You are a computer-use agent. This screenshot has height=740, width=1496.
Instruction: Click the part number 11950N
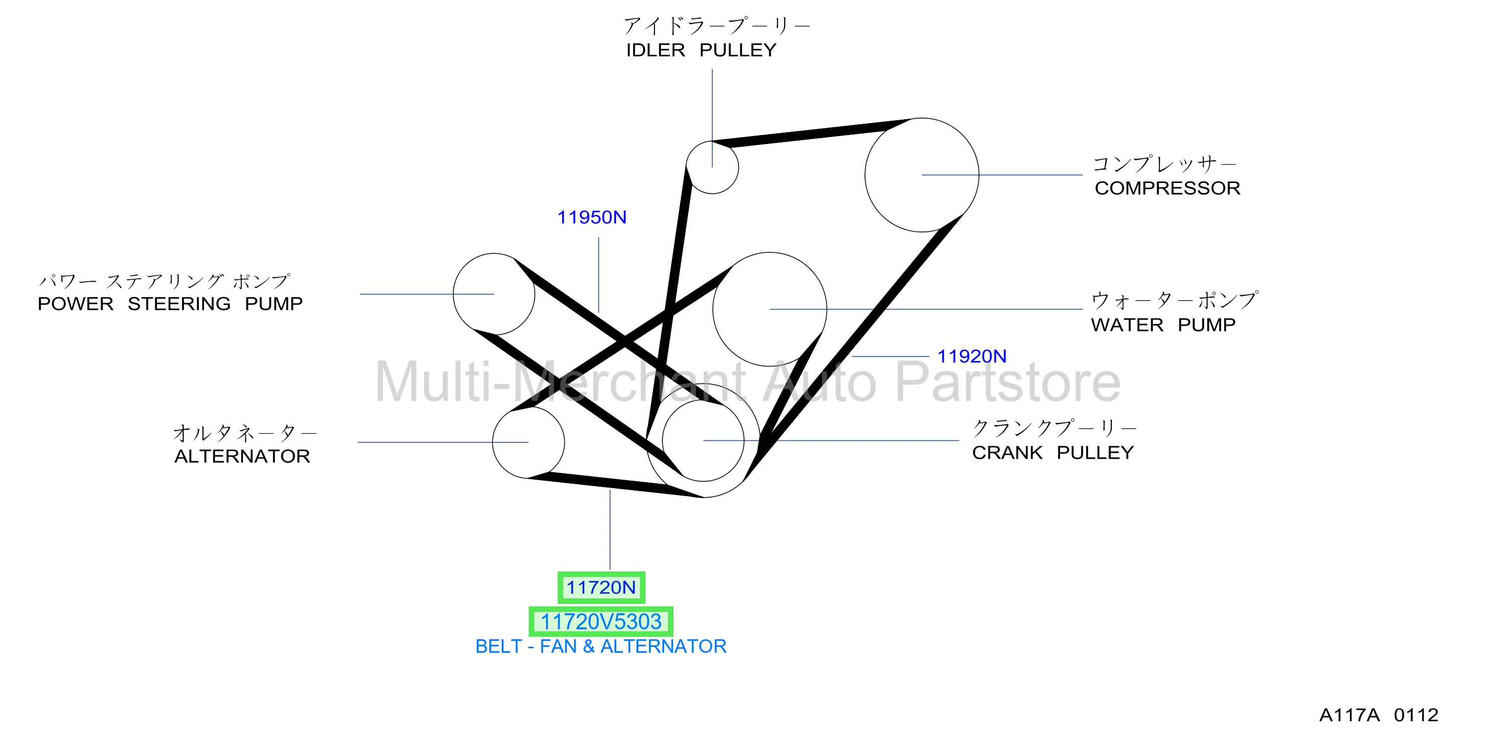pyautogui.click(x=592, y=217)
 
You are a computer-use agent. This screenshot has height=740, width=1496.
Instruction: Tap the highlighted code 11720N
pyautogui.click(x=601, y=587)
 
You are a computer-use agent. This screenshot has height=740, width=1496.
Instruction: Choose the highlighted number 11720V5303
pyautogui.click(x=601, y=622)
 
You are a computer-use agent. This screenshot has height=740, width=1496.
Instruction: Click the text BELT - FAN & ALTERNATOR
pyautogui.click(x=601, y=646)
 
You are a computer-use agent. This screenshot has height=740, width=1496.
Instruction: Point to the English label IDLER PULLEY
pyautogui.click(x=701, y=50)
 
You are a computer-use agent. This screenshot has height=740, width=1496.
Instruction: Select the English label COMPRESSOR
pyautogui.click(x=1167, y=188)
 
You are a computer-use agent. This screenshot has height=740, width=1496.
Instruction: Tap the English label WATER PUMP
pyautogui.click(x=1163, y=325)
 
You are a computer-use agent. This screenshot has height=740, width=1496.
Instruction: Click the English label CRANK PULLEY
pyautogui.click(x=1053, y=453)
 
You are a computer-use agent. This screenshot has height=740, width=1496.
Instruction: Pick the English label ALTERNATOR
pyautogui.click(x=242, y=456)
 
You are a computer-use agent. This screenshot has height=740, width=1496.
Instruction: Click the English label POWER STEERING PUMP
pyautogui.click(x=170, y=304)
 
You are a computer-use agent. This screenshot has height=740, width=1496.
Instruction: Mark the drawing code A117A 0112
pyautogui.click(x=1379, y=715)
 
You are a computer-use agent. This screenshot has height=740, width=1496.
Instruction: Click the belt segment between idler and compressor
pyautogui.click(x=810, y=132)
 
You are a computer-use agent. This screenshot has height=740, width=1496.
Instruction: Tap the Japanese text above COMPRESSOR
pyautogui.click(x=1164, y=164)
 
